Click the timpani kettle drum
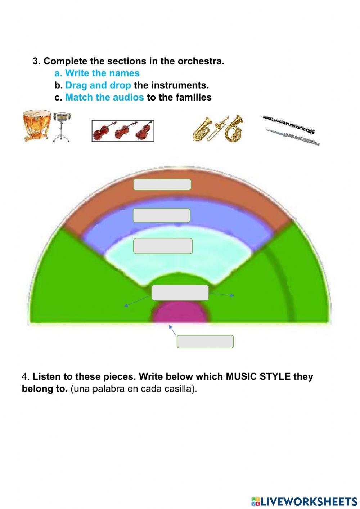[x=37, y=125]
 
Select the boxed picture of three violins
[x=123, y=130]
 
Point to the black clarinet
[x=288, y=124]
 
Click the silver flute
[x=293, y=138]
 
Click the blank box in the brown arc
[x=162, y=184]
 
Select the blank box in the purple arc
[x=162, y=215]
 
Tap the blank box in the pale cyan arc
[x=163, y=246]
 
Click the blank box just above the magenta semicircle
[x=180, y=293]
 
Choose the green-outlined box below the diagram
[x=205, y=341]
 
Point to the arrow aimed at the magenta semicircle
[x=172, y=330]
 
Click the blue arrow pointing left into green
[x=136, y=301]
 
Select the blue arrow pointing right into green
[x=222, y=295]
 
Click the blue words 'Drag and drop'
[x=98, y=85]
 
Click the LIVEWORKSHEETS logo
[x=304, y=501]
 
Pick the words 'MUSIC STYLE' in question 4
[x=258, y=377]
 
